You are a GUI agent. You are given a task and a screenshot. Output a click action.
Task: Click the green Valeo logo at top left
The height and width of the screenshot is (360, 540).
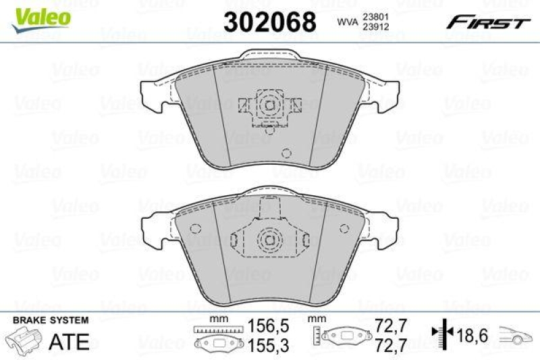click(43, 15)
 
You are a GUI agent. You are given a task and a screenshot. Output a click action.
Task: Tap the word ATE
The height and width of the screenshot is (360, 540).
click(70, 341)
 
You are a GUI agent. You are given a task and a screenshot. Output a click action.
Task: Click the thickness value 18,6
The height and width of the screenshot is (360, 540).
click(472, 334)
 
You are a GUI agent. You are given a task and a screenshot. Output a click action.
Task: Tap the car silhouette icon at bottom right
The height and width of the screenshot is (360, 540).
click(516, 334)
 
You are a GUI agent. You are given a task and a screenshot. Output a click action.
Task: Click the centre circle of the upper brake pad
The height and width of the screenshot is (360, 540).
click(269, 106)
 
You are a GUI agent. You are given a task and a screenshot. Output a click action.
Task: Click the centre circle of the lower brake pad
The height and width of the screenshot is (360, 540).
click(269, 240)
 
